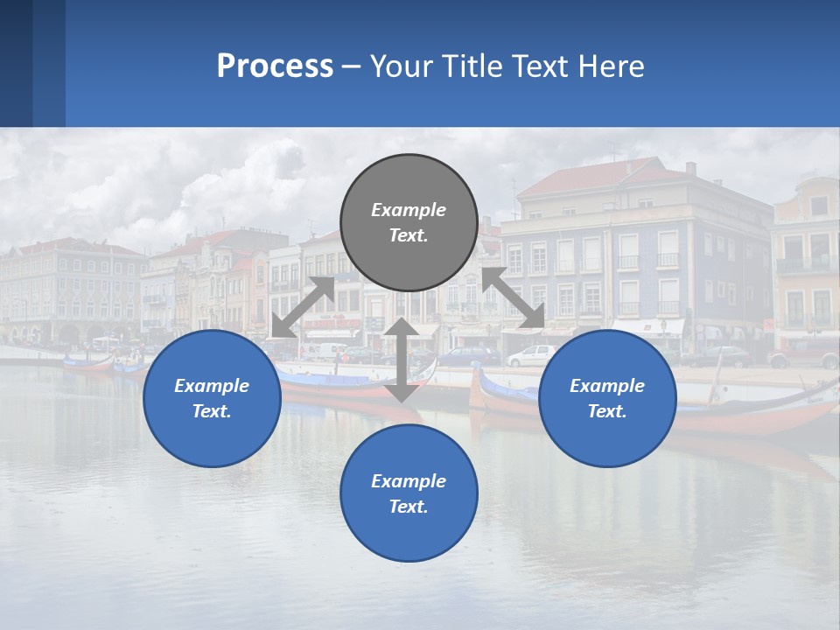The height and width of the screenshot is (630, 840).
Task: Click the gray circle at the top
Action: click(x=409, y=222)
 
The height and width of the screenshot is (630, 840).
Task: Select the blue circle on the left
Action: click(x=212, y=398)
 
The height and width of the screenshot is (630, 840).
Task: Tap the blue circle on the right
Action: click(x=607, y=398)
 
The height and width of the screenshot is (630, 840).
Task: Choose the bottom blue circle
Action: click(x=409, y=493)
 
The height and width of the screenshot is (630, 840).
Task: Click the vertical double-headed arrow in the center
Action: click(x=401, y=360)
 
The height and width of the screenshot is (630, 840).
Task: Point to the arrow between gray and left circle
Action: click(x=303, y=307)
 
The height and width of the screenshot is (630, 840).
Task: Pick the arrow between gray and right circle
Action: click(x=514, y=297)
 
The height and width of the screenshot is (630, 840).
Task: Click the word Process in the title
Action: click(x=275, y=66)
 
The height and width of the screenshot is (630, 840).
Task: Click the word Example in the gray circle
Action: click(x=409, y=210)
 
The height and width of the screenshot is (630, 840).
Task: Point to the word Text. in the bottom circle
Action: click(x=409, y=507)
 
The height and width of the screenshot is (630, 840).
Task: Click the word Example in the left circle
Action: click(x=212, y=386)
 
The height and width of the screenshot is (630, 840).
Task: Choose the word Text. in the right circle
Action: click(x=607, y=411)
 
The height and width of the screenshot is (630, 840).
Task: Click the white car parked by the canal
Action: click(x=531, y=355)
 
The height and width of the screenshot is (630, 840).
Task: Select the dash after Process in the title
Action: click(x=351, y=66)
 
